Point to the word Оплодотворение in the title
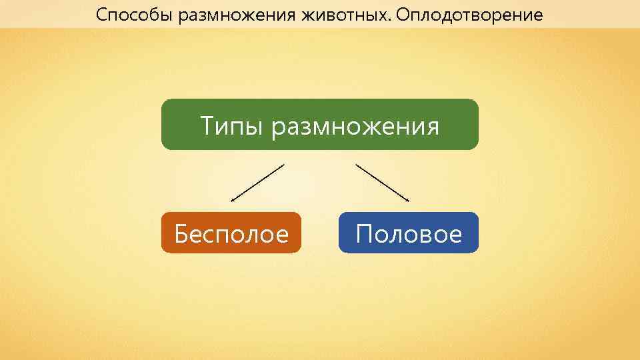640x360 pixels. tap(467, 15)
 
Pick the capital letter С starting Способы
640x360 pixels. tap(101, 14)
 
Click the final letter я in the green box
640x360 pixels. tap(433, 127)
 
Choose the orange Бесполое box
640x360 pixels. tap(231, 233)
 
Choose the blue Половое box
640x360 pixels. tap(408, 233)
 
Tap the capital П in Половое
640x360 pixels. tap(365, 234)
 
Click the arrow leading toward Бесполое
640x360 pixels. tap(257, 182)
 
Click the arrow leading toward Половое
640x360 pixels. tap(382, 182)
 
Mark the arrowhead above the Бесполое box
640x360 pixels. tap(233, 199)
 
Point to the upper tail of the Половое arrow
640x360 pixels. tap(357, 165)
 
